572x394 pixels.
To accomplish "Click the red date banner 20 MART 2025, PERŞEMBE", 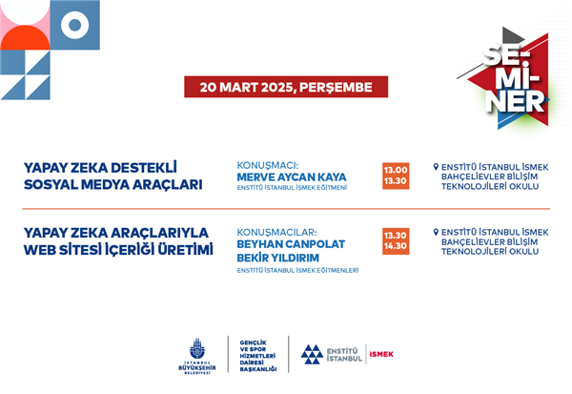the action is point(286,87).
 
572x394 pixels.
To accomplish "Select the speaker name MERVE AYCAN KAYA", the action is point(292,177).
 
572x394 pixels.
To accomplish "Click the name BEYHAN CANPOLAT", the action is point(291,244).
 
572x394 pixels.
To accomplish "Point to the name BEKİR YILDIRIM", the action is point(278,258).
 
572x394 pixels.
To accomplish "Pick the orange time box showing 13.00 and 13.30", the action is point(396,176).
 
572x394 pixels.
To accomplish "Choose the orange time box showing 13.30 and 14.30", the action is point(396,241).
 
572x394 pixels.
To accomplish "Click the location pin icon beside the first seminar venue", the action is point(436,167).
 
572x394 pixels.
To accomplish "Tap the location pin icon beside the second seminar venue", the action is point(436,232).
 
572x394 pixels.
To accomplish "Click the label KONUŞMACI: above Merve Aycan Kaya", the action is point(268,165).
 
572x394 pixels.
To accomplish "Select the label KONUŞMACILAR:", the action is point(276,232).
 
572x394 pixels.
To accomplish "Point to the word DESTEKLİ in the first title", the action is point(143,168).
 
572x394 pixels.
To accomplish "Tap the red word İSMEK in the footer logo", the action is point(381,354).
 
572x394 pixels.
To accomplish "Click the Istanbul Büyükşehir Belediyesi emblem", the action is point(197,348).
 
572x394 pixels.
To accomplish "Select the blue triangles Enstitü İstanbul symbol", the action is point(312,354).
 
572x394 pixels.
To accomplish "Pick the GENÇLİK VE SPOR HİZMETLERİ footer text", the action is point(257,356).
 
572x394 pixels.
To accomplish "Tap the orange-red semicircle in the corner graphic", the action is point(25,37).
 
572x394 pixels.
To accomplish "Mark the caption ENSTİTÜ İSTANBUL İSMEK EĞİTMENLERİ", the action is point(297,271).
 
